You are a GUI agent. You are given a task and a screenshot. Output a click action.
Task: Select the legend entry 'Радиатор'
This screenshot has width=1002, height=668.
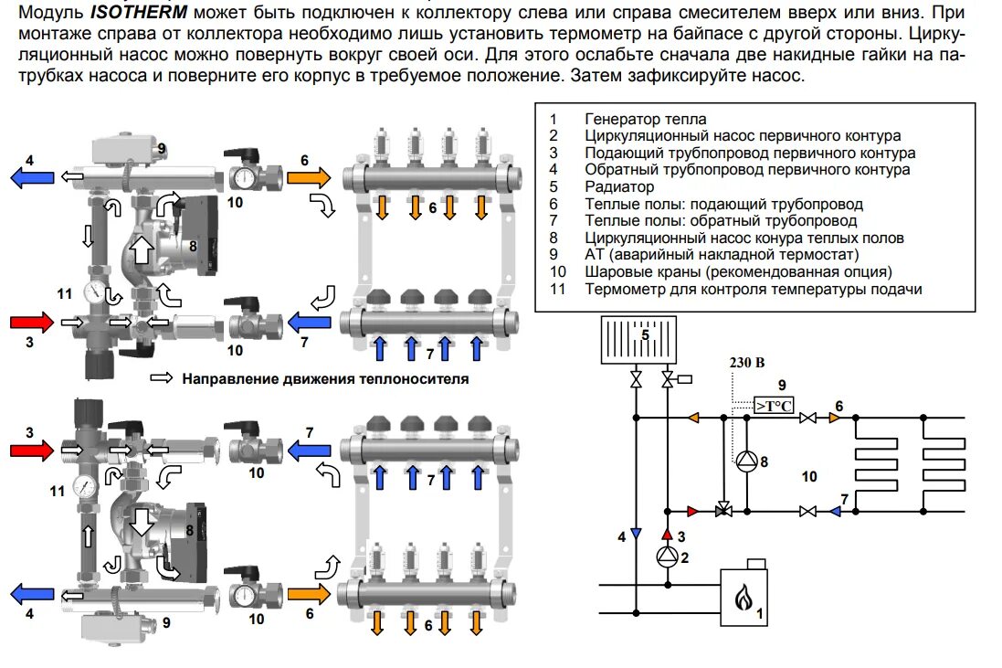[x=617, y=187]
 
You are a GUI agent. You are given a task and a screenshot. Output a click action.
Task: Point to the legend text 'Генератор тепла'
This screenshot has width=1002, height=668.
[x=645, y=119]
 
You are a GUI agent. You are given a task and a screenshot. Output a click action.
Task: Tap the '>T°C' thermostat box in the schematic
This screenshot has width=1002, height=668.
[x=773, y=405]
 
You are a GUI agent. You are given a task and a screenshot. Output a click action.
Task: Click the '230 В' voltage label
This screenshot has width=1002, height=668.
[x=747, y=362]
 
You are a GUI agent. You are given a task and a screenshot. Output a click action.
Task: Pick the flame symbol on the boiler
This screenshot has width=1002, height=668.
[x=744, y=599]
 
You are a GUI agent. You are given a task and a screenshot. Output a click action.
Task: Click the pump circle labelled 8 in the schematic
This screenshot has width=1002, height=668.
[x=746, y=461]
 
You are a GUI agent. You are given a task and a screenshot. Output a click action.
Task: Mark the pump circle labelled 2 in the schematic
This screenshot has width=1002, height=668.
[x=667, y=557]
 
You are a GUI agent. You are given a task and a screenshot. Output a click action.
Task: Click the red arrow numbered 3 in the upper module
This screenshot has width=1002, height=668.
[x=32, y=322]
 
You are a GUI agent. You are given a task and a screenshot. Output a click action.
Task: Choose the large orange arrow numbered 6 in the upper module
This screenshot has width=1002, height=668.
[x=308, y=176]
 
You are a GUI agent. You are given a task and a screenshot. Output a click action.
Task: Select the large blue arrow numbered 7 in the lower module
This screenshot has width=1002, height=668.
[x=309, y=448]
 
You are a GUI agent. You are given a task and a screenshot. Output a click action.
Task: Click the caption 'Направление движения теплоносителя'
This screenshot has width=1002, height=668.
[x=324, y=378]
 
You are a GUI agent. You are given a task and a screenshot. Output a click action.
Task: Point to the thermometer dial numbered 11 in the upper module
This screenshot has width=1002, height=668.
[x=93, y=292]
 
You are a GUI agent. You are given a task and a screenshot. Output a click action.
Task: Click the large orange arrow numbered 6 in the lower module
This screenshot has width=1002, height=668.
[x=309, y=594]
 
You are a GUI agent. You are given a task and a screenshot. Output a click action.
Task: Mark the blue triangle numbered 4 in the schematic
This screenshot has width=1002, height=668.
[x=635, y=534]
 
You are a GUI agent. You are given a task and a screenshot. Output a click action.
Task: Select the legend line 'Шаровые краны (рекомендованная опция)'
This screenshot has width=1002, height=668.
[x=738, y=272]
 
